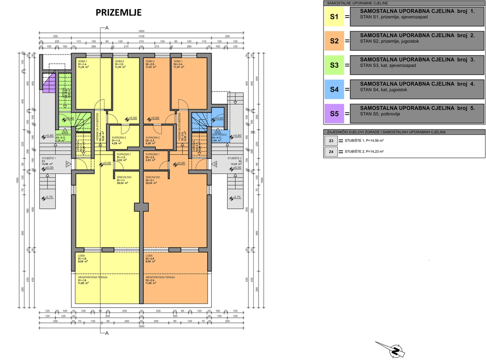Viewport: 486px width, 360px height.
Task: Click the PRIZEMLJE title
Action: click(x=119, y=13)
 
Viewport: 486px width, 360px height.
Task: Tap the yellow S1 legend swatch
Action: click(x=334, y=17)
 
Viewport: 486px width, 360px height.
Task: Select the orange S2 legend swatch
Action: click(x=334, y=41)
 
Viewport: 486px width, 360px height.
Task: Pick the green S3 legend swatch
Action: click(x=334, y=65)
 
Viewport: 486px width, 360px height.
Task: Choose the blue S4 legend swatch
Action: click(x=334, y=89)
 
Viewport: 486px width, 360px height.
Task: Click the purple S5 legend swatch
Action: click(x=334, y=114)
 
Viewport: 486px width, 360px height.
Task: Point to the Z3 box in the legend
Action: click(x=331, y=141)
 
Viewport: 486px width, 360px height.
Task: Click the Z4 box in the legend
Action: click(x=331, y=152)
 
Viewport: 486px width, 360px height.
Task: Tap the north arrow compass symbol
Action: click(x=395, y=351)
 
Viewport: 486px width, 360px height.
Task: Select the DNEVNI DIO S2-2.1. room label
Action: click(x=153, y=180)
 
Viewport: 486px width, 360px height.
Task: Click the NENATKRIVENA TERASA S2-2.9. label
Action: click(x=160, y=280)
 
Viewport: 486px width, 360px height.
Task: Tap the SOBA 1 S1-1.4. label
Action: click(x=83, y=64)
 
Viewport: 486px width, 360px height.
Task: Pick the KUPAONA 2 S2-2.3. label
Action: click(x=153, y=140)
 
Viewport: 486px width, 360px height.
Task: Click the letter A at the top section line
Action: click(x=107, y=28)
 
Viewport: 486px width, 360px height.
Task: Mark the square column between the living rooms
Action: click(x=141, y=207)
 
